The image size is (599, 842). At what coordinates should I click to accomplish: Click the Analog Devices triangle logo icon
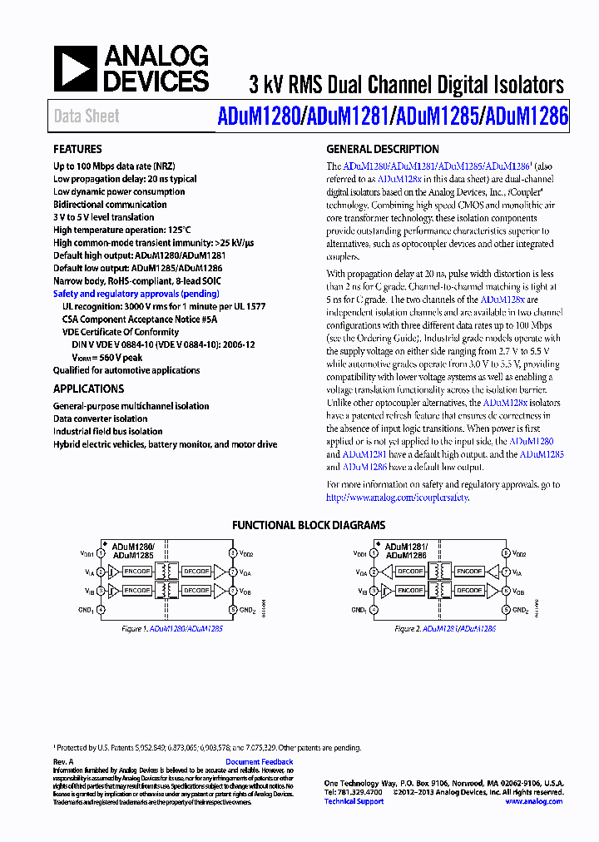(75, 68)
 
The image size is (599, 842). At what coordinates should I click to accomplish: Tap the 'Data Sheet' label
(87, 116)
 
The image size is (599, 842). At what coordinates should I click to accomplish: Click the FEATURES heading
(78, 150)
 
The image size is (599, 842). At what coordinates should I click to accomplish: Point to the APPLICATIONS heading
(88, 389)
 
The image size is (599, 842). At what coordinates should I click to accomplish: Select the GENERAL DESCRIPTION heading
(383, 150)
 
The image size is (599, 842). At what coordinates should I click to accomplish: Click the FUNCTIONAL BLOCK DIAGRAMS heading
(308, 525)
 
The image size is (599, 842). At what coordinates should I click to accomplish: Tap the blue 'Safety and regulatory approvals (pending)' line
(136, 294)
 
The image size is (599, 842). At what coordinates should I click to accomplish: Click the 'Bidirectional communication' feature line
(110, 205)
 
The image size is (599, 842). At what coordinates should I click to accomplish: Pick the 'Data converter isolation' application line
(100, 419)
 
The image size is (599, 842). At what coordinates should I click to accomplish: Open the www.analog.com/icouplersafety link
(397, 498)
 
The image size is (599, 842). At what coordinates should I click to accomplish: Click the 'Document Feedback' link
(260, 762)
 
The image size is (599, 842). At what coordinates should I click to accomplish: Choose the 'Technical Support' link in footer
(354, 801)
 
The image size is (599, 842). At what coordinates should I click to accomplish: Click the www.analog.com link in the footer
(533, 801)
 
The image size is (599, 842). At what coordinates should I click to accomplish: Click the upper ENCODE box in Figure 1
(136, 572)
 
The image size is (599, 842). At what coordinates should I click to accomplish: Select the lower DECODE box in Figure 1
(196, 590)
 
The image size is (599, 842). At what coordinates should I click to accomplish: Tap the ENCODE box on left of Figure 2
(410, 590)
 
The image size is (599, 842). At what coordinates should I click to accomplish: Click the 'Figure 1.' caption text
(134, 629)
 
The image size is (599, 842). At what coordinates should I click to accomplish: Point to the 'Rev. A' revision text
(64, 762)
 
